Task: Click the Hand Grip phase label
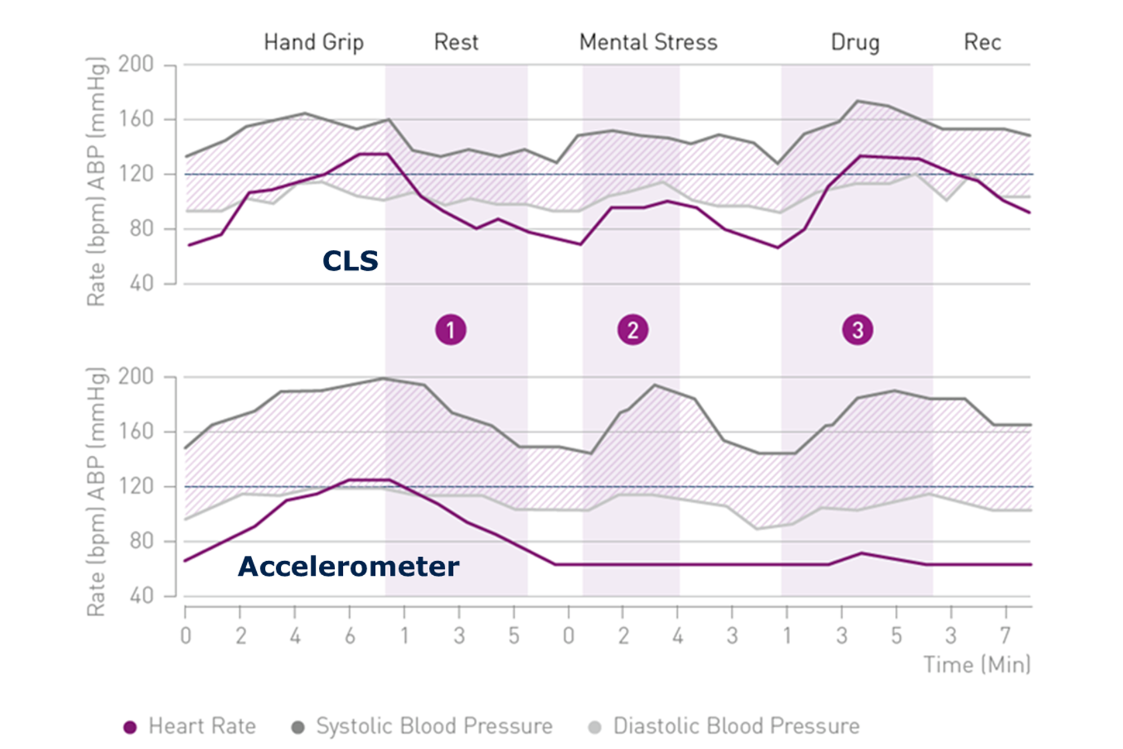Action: [x=314, y=43]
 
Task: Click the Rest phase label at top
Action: [x=456, y=43]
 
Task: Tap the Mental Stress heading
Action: [x=648, y=43]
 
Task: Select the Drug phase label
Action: [x=855, y=43]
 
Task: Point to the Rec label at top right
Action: [x=982, y=43]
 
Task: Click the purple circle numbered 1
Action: [x=450, y=330]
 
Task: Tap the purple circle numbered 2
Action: [x=633, y=330]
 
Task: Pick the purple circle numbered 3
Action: [x=857, y=330]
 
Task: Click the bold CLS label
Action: [x=350, y=260]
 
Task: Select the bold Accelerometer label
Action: [x=349, y=566]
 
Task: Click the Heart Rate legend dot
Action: [x=130, y=727]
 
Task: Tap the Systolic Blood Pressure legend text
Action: [x=434, y=726]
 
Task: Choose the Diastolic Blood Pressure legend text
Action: [x=736, y=726]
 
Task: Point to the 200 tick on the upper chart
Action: [x=136, y=64]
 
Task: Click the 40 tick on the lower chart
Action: [x=141, y=596]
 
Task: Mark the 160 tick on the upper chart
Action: [x=136, y=119]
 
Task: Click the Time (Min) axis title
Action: [x=976, y=665]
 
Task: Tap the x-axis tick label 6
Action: [x=350, y=635]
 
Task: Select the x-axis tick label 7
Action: [x=1005, y=635]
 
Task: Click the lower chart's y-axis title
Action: [x=97, y=492]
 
